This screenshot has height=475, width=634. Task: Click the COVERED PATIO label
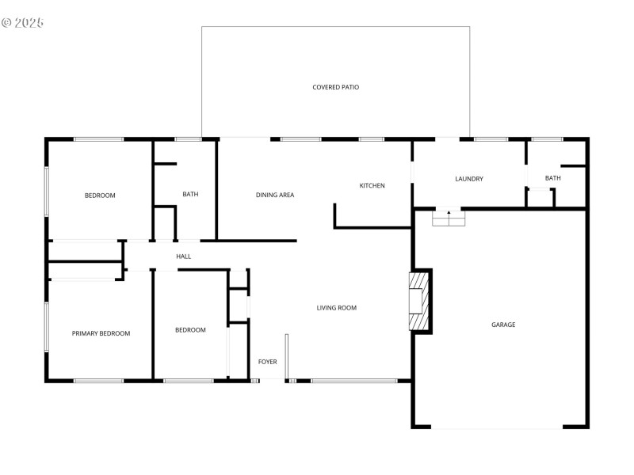click(x=335, y=87)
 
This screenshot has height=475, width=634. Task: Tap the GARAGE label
click(x=503, y=325)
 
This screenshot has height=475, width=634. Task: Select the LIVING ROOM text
click(x=337, y=308)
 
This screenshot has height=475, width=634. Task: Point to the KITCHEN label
click(x=372, y=186)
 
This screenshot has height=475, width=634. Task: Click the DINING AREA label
click(x=275, y=195)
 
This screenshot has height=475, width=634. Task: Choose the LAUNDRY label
click(x=469, y=179)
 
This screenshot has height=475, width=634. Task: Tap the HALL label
click(x=184, y=256)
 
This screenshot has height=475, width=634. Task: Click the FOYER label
click(x=268, y=362)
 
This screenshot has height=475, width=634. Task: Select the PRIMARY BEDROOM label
click(x=101, y=333)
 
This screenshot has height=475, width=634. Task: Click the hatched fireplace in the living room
click(x=418, y=301)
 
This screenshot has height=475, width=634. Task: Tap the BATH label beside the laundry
click(x=552, y=178)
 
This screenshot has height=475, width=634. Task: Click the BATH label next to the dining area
click(x=190, y=195)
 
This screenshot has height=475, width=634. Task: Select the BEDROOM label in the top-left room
click(x=100, y=196)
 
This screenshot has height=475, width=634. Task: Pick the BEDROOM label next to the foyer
click(x=190, y=330)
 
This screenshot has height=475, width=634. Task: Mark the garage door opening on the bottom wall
click(x=497, y=427)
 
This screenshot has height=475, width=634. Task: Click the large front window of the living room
click(x=353, y=381)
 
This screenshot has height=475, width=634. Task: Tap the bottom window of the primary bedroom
click(x=98, y=381)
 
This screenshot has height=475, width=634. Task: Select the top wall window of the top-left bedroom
click(x=98, y=139)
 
